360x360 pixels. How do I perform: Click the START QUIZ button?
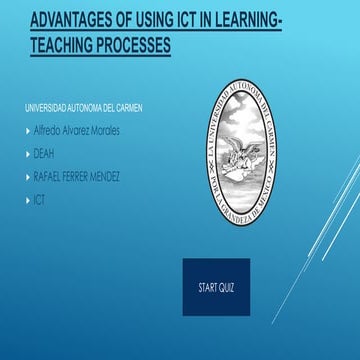216,287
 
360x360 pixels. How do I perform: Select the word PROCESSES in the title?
128,45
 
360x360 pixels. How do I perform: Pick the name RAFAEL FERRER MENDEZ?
76,177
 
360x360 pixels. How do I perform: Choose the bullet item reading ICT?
39,200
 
